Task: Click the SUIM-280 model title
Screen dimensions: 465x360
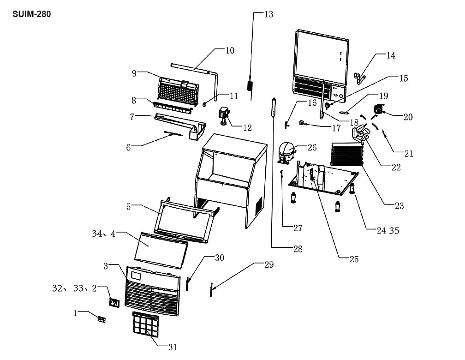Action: [x=32, y=14]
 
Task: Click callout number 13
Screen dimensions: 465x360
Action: [x=268, y=14]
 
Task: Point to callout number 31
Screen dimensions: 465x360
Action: [x=173, y=347]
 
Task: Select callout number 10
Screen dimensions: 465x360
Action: [x=230, y=50]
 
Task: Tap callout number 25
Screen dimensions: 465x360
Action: [x=354, y=259]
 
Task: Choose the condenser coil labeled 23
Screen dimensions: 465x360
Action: [x=347, y=154]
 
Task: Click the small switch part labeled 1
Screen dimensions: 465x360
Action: [x=101, y=319]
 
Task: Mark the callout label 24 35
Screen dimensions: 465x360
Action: [x=388, y=231]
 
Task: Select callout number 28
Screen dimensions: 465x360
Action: [x=298, y=249]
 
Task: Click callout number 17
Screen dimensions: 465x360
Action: [x=336, y=128]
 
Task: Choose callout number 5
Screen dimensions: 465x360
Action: [x=128, y=207]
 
